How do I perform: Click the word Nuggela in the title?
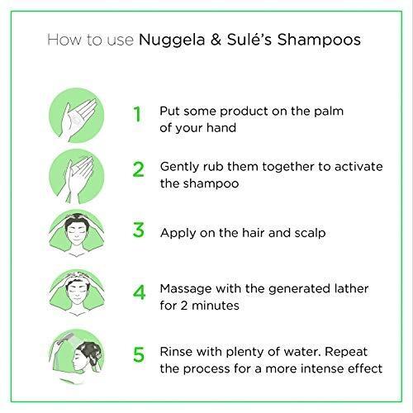[172, 40]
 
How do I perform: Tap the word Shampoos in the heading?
[319, 40]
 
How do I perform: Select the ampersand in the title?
[216, 40]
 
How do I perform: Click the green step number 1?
[137, 114]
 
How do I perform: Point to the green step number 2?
[138, 169]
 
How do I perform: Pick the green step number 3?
[138, 230]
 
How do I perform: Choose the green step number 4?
[139, 292]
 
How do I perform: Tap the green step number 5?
[139, 354]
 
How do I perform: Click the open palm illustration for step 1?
[76, 115]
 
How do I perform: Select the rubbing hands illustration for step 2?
[76, 177]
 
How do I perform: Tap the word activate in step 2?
[358, 167]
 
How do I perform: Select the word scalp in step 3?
[310, 234]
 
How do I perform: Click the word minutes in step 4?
[216, 306]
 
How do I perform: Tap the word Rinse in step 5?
[176, 352]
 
